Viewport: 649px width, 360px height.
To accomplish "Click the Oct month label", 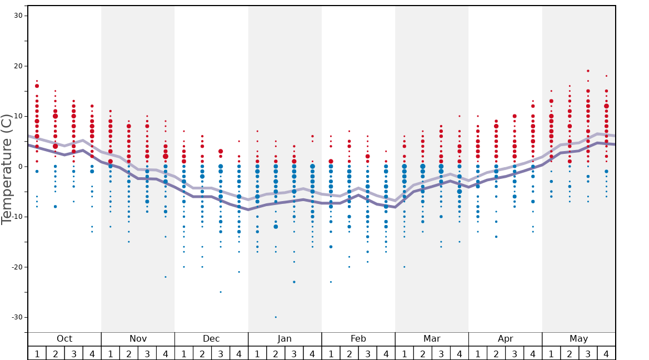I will (64, 339).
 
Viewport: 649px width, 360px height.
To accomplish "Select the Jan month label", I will (284, 339).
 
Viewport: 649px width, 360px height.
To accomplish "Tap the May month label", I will (578, 339).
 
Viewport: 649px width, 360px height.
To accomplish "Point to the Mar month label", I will (432, 339).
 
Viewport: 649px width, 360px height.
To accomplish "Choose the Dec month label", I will (211, 339).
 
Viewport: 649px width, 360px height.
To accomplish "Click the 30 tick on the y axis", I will (18, 16).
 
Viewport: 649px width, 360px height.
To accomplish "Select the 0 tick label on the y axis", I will (19, 167).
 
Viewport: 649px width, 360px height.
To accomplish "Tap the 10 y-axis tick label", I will (18, 116).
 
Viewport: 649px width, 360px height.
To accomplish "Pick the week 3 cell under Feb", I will (367, 353).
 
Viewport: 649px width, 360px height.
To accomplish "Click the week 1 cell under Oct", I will (37, 353).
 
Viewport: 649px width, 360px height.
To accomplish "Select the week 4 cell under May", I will (606, 353).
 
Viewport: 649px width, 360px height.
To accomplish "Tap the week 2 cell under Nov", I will (128, 353).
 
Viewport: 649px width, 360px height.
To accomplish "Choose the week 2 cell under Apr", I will (496, 353).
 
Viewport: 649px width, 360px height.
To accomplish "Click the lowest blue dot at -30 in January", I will (276, 317).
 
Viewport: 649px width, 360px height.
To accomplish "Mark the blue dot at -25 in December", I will (221, 292).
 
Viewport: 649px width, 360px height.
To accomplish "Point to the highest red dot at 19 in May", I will (588, 71).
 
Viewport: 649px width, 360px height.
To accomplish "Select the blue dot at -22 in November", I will (165, 277).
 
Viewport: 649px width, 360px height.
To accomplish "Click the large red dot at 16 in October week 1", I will (37, 86).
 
